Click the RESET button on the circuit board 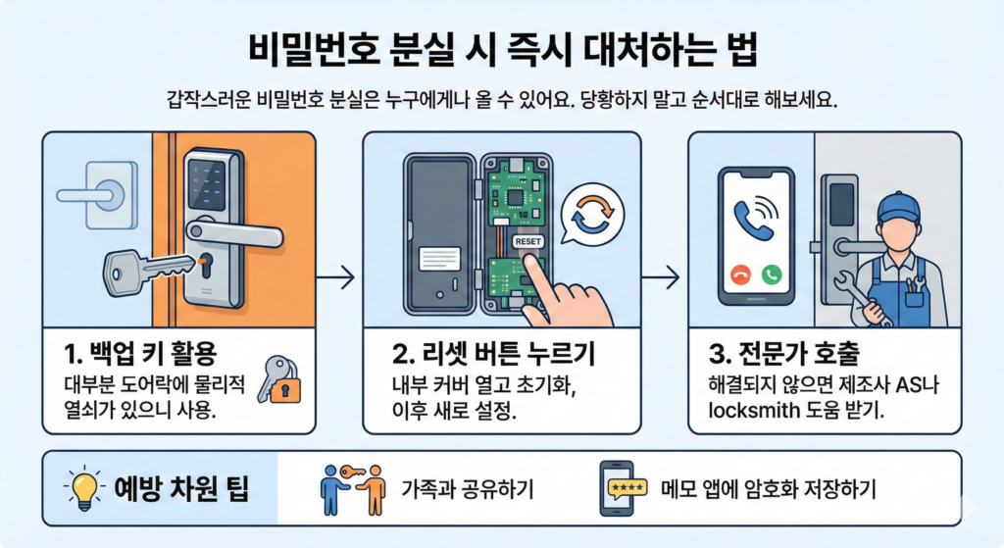(x=528, y=241)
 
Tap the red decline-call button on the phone (x=741, y=275)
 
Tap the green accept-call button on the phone (x=772, y=275)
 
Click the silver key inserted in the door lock (x=147, y=272)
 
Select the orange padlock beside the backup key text (x=285, y=388)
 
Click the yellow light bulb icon (x=84, y=489)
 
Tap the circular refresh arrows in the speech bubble (x=593, y=214)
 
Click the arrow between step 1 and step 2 (x=335, y=277)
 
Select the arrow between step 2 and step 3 (x=660, y=277)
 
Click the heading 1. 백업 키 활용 (x=140, y=353)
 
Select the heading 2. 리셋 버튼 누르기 (x=493, y=353)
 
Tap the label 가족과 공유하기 (x=467, y=490)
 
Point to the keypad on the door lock (x=206, y=185)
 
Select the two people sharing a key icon (x=353, y=490)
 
